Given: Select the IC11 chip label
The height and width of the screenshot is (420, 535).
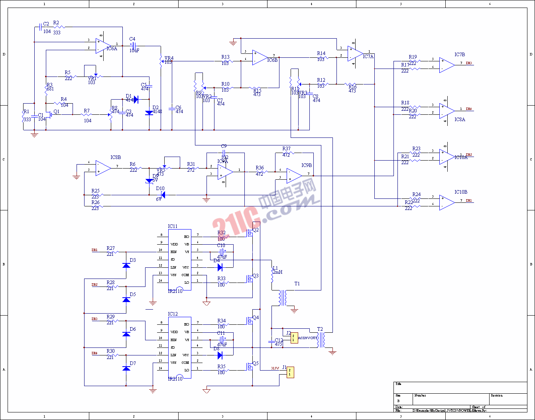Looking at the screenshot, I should [173, 226].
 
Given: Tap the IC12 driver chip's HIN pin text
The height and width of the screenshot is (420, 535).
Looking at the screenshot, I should [174, 340].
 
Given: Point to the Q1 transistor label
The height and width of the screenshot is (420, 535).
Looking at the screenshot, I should [57, 112].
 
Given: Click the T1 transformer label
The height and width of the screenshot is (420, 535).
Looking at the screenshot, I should [297, 284].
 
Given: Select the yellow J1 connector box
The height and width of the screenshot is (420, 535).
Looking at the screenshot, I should [290, 372].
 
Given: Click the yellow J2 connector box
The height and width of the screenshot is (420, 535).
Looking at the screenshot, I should [294, 338].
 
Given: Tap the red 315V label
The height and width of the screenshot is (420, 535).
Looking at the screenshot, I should [275, 368].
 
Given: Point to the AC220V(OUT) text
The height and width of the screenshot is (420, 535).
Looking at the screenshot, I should [308, 338].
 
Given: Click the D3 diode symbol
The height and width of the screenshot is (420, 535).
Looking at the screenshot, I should [126, 265].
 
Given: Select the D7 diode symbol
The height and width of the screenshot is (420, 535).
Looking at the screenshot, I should [126, 368].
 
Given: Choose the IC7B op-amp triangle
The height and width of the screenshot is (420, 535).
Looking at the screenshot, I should [447, 65].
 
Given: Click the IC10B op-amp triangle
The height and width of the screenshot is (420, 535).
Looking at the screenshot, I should [447, 202].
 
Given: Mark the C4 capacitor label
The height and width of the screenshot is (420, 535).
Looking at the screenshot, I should [132, 39].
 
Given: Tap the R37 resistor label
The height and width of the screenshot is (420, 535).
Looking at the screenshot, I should [286, 149].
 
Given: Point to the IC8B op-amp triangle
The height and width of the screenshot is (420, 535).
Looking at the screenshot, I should [103, 168].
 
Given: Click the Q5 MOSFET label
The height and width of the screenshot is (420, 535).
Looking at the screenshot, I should [256, 363].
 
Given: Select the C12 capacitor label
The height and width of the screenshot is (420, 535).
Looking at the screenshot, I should [279, 340].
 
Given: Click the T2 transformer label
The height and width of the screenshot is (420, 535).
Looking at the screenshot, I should [320, 329].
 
